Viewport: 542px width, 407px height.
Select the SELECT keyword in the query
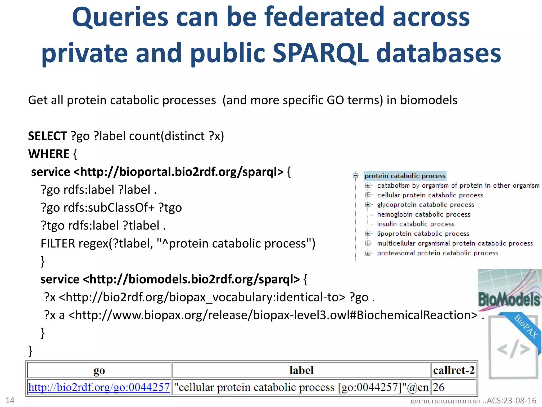point(47,136)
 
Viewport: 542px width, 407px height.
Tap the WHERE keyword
point(49,154)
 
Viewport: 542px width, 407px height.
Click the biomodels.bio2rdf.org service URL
point(191,280)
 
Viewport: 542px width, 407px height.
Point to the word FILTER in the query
point(58,244)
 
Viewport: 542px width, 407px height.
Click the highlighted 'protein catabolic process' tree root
point(405,176)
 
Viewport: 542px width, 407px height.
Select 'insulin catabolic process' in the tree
point(415,224)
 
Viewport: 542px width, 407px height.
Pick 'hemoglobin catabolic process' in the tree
point(423,214)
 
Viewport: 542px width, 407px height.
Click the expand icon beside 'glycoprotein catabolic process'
point(368,205)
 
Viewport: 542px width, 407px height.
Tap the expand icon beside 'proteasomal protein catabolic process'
point(368,253)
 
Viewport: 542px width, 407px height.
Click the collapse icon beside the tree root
point(355,176)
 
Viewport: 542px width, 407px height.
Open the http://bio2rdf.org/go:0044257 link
point(99,387)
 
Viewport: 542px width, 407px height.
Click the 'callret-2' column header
point(454,370)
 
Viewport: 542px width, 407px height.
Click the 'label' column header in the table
point(301,370)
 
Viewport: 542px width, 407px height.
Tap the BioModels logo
point(509,291)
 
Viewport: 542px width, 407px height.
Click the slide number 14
point(10,400)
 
